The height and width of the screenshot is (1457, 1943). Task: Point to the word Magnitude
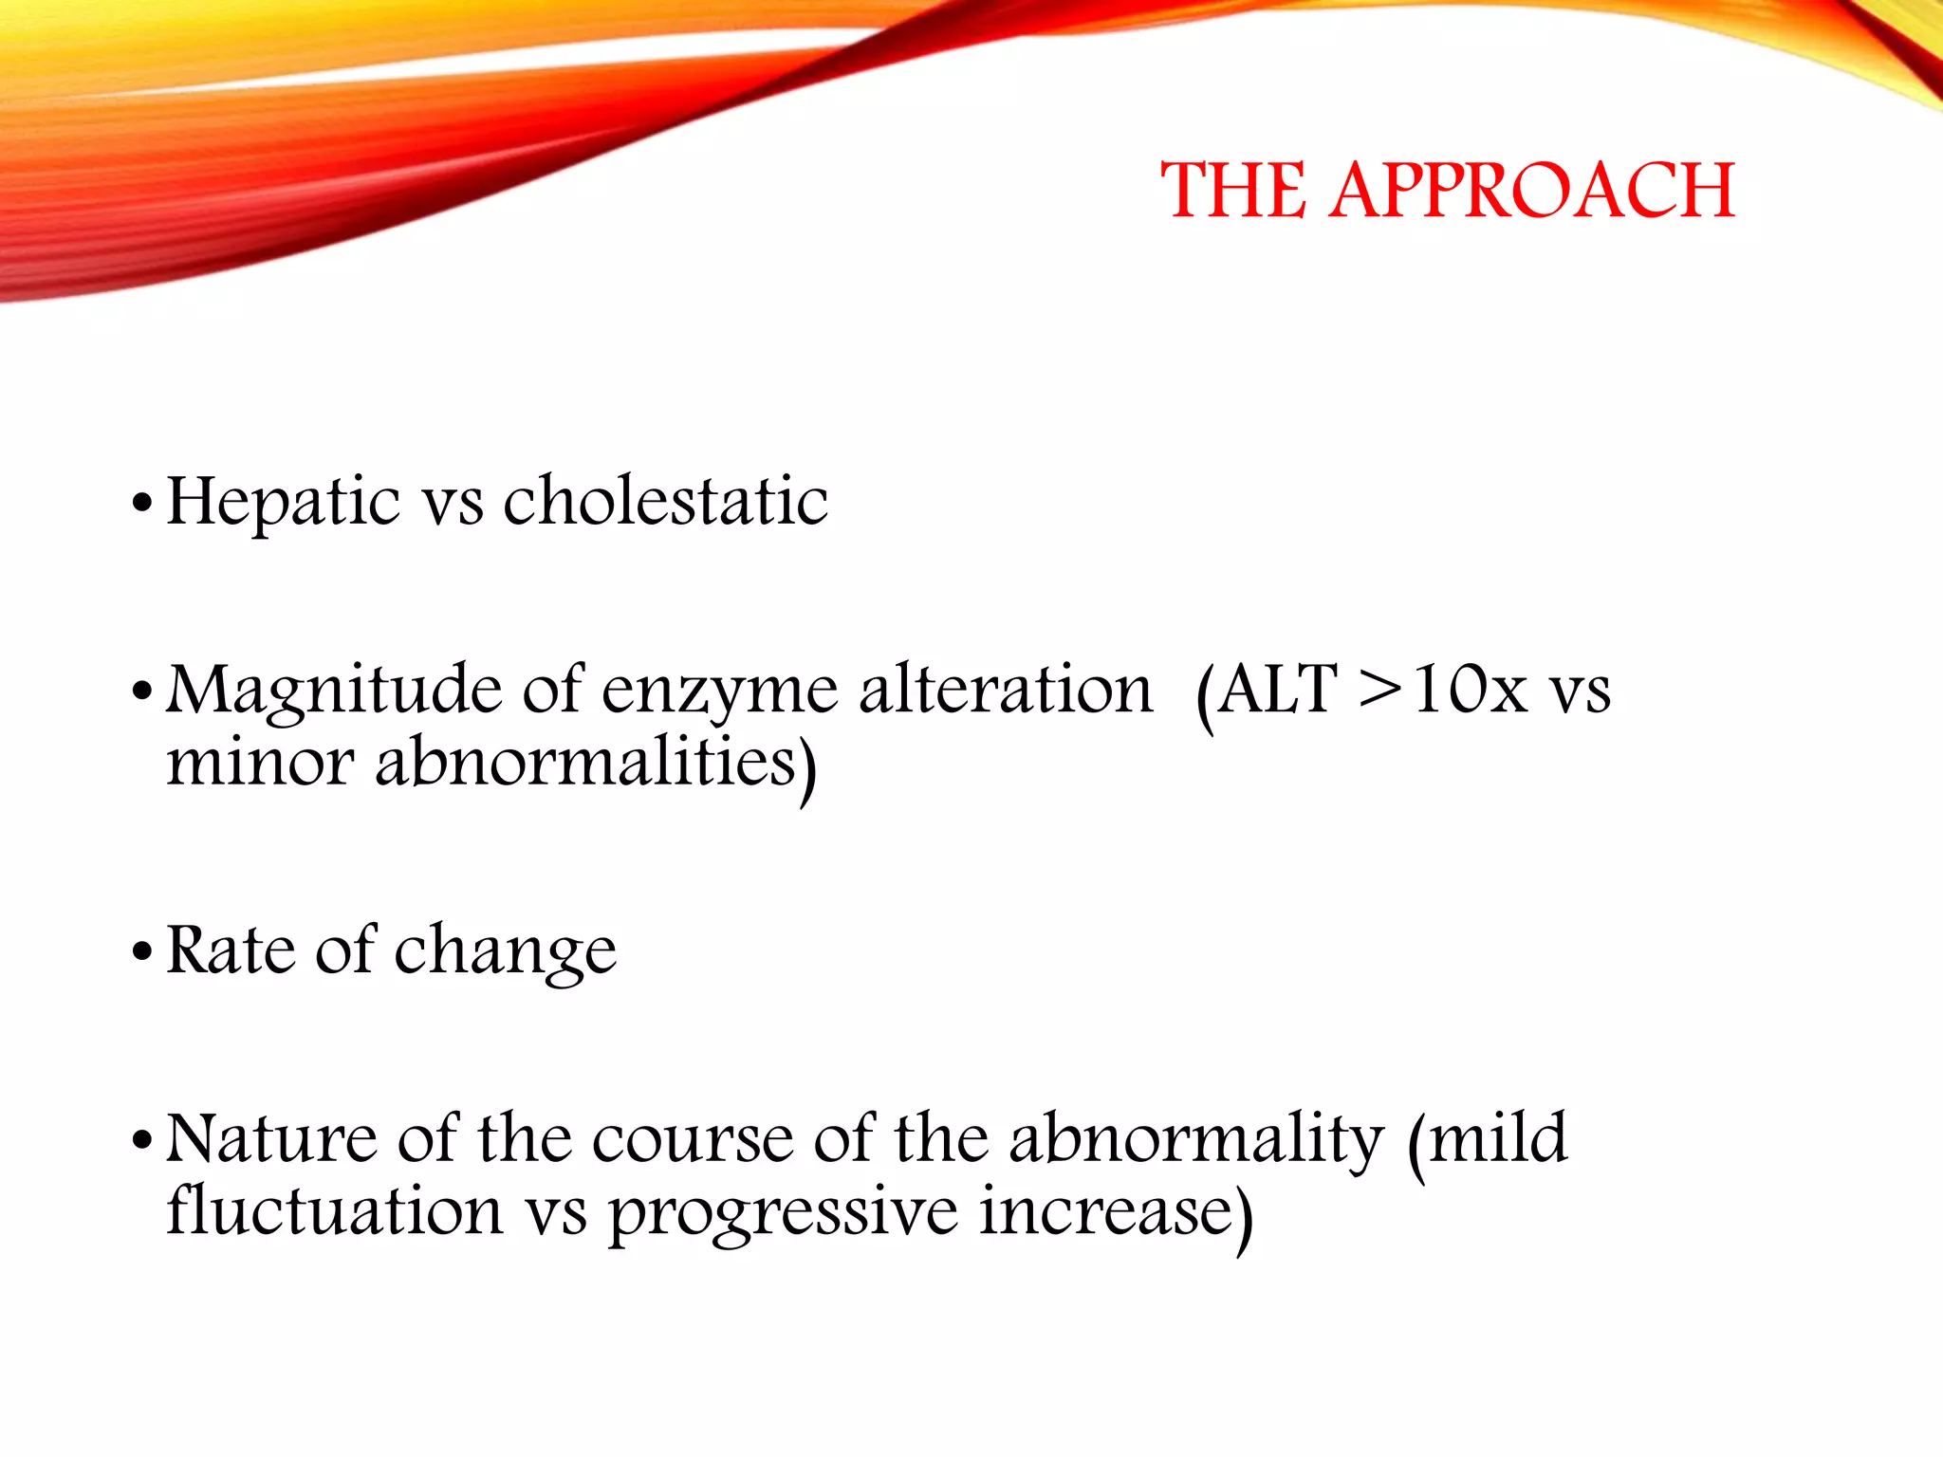[x=333, y=692]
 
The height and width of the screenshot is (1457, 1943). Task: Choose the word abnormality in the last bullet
[x=1195, y=1139]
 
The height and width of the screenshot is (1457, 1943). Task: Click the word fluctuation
[x=334, y=1211]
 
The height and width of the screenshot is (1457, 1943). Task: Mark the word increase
[x=1106, y=1211]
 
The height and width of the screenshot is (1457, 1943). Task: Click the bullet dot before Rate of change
[x=142, y=951]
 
